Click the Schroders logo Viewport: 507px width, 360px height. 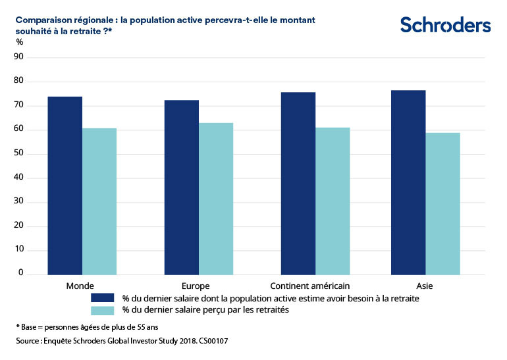(x=446, y=25)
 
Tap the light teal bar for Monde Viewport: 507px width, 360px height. (x=99, y=201)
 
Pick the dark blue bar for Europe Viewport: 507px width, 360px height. (x=182, y=188)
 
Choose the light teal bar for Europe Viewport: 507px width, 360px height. (x=216, y=199)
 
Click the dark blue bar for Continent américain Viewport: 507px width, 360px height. (x=298, y=184)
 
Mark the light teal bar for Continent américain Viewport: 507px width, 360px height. (x=333, y=201)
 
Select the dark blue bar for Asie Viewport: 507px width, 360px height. (x=408, y=182)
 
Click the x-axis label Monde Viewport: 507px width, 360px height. (x=79, y=286)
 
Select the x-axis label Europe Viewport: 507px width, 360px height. (x=196, y=286)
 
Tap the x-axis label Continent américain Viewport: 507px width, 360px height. (x=310, y=286)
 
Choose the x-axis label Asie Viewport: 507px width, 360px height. (x=425, y=286)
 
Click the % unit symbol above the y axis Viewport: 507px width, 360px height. (x=19, y=42)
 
